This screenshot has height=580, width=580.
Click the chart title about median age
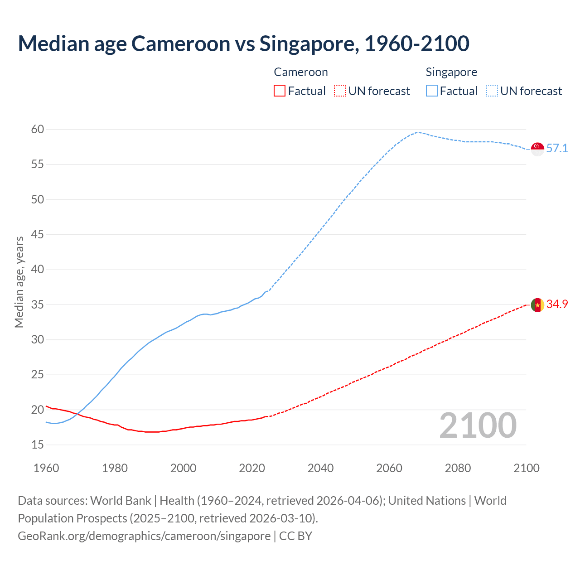point(243,43)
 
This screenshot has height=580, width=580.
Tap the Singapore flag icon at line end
point(537,149)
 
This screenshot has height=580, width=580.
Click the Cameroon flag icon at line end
point(537,305)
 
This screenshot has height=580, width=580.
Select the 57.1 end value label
point(557,149)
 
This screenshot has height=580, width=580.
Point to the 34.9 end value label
point(557,304)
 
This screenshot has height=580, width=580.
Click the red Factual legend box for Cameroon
point(280,91)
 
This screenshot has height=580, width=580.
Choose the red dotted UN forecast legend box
point(340,91)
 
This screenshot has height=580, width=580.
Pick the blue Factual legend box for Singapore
point(432,91)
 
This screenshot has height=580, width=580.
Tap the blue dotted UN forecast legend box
point(492,91)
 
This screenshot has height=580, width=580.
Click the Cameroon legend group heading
point(300,72)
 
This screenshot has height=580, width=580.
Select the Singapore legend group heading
point(451,72)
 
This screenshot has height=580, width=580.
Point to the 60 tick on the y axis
point(38,130)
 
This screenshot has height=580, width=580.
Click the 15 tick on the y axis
point(38,445)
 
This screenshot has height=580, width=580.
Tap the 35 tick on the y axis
point(38,304)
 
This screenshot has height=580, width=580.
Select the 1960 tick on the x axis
point(46,468)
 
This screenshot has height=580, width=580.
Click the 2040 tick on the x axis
point(320,468)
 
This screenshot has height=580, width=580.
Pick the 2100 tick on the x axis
point(527,468)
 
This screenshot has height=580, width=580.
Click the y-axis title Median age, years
point(19,282)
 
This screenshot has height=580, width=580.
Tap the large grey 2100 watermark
point(478,425)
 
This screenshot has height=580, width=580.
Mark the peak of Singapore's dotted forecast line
point(417,132)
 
